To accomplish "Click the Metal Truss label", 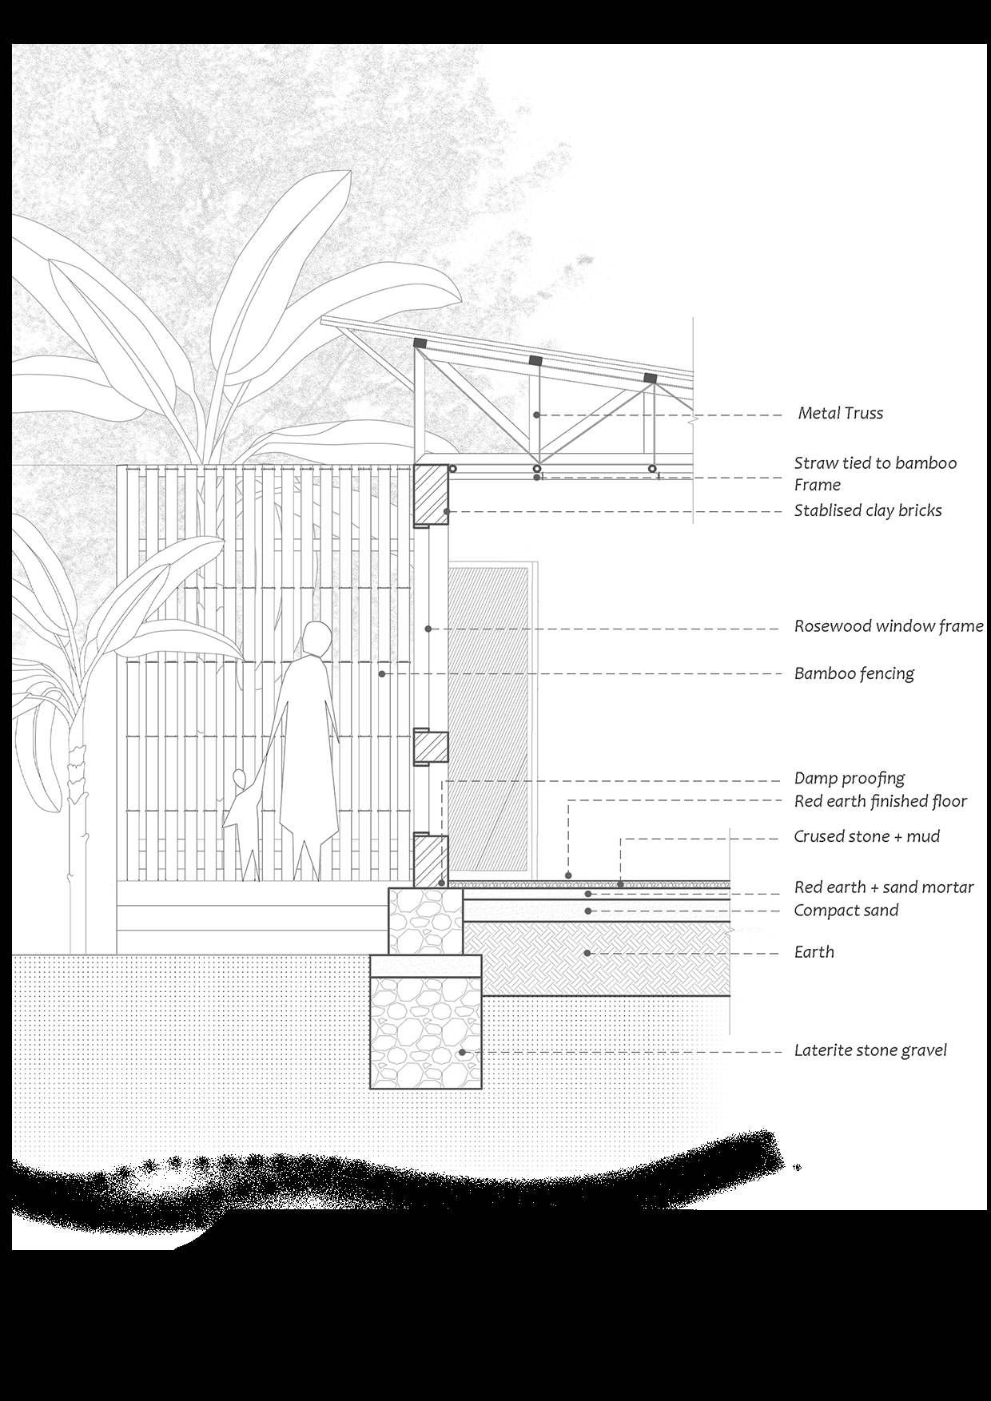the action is [x=840, y=414].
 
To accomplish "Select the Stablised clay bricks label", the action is [x=867, y=510].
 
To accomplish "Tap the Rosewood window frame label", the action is [x=888, y=626].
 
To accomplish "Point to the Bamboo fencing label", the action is [x=854, y=673].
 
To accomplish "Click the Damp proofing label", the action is [x=849, y=778].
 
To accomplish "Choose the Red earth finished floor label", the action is [x=880, y=801].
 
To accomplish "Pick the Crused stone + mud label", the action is [x=866, y=836].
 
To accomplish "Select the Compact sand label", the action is [x=846, y=911].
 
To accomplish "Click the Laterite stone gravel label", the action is [x=870, y=1050].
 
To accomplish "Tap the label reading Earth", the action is [x=814, y=952].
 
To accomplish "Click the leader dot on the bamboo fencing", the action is [x=382, y=674].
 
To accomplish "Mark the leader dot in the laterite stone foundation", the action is [x=462, y=1053].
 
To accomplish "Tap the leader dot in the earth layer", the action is [x=587, y=953].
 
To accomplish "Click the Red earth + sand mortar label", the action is [x=883, y=887].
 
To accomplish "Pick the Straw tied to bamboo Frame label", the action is [x=874, y=474].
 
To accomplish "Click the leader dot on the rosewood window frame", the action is [x=428, y=629].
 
